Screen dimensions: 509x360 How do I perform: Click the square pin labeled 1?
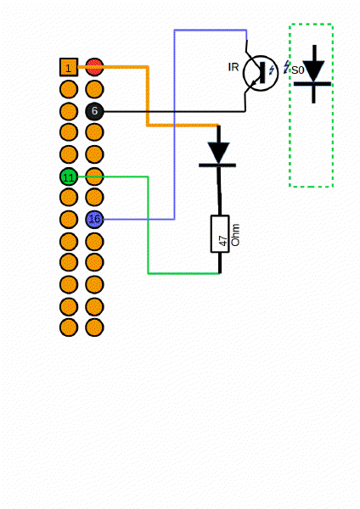[69, 67]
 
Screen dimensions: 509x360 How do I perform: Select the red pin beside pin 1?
[94, 67]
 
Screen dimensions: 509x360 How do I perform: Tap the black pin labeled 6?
[94, 111]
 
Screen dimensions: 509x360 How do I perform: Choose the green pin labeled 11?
[69, 176]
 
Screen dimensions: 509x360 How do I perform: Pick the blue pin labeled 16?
[94, 219]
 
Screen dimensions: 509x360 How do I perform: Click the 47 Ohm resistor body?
[220, 233]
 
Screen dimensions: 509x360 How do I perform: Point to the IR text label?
[233, 67]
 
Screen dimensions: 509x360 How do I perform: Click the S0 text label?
[297, 71]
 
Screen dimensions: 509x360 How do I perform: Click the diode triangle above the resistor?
[220, 151]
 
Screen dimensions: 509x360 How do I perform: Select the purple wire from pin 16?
[174, 127]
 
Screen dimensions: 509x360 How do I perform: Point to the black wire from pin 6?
[170, 111]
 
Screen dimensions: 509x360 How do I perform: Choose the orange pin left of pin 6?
[69, 111]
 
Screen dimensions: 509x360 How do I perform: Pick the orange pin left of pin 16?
[69, 219]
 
